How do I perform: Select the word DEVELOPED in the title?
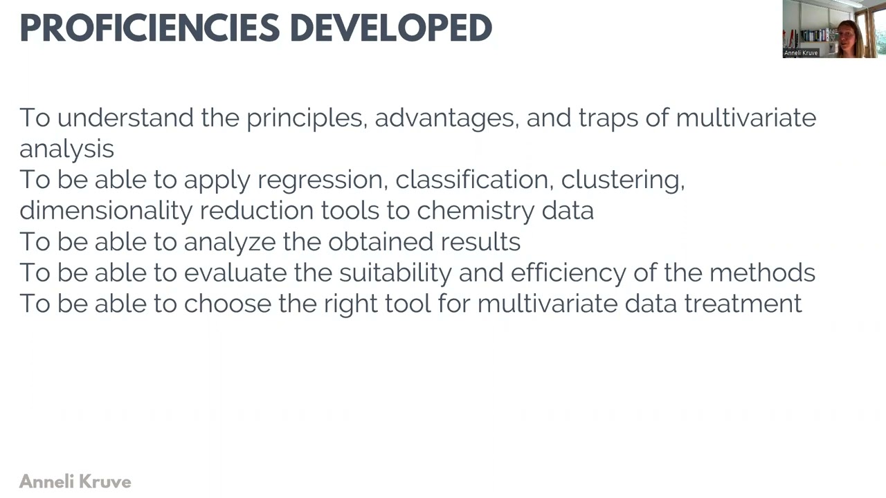(x=390, y=28)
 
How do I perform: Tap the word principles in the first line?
(x=305, y=118)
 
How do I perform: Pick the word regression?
(x=320, y=181)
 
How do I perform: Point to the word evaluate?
(x=235, y=273)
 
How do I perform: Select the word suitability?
(x=395, y=273)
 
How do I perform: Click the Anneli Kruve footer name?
(x=75, y=481)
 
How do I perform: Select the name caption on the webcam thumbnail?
(x=801, y=53)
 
